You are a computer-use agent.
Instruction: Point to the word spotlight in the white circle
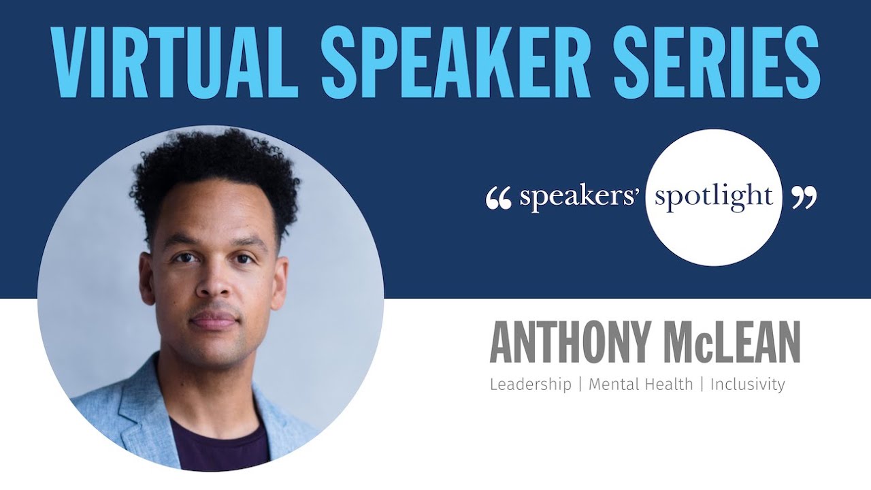tap(713, 197)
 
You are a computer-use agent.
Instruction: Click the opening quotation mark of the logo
tap(499, 197)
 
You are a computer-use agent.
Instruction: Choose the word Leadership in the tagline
tap(530, 385)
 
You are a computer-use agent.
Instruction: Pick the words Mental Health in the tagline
tap(640, 385)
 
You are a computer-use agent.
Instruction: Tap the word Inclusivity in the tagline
tap(747, 385)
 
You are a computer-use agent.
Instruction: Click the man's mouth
tap(214, 320)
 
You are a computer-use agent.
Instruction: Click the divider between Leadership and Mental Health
tap(580, 385)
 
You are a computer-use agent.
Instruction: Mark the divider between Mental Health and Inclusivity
tap(702, 385)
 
